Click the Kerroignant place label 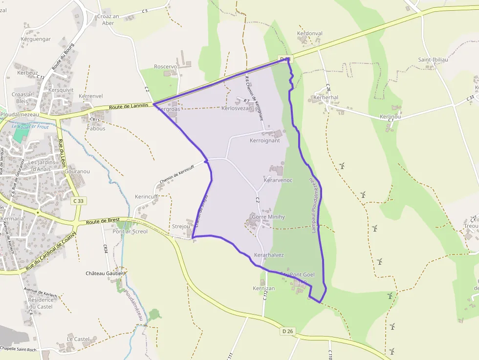(264, 141)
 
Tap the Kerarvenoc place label (278, 180)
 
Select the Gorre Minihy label (268, 216)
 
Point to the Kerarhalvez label (269, 255)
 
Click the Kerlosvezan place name (237, 108)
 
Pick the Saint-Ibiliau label (433, 60)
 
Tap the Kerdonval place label (309, 34)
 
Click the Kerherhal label (326, 98)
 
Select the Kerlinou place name (390, 117)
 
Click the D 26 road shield (288, 331)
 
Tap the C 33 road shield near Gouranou (78, 201)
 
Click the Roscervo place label (165, 66)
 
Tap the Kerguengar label (36, 39)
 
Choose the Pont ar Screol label (130, 232)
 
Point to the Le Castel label (78, 339)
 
